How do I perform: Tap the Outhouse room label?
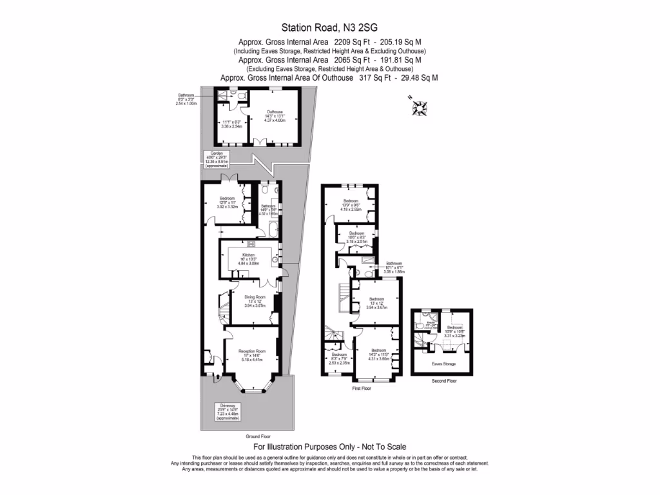[275, 117]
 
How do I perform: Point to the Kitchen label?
[248, 258]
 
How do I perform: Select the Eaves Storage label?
[443, 364]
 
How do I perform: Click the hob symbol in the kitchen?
[250, 244]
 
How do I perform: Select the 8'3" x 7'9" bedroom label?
[338, 358]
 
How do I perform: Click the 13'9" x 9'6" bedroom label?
[351, 205]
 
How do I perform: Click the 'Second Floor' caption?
[443, 381]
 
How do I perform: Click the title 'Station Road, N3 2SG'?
[329, 27]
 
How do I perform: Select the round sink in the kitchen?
[275, 260]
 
